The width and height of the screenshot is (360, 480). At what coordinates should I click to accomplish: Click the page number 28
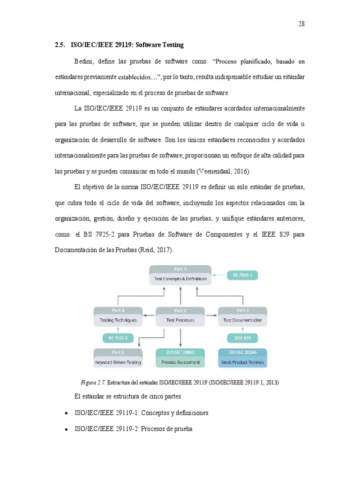click(301, 24)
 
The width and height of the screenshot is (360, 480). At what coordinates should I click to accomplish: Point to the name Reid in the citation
click(145, 250)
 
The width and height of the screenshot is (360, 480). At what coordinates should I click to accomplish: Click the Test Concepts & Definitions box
click(180, 275)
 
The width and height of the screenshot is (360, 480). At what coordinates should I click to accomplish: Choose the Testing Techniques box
click(118, 316)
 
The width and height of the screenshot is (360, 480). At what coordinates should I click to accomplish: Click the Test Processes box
click(180, 316)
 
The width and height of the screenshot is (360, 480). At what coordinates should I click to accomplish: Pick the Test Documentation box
click(242, 316)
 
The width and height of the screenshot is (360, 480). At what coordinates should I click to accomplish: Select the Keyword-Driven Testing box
click(118, 359)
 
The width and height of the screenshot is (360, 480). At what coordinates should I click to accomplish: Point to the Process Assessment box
click(180, 359)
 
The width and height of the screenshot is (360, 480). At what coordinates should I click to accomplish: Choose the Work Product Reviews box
click(242, 359)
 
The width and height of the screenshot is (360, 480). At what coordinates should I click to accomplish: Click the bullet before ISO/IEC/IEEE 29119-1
click(65, 413)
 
